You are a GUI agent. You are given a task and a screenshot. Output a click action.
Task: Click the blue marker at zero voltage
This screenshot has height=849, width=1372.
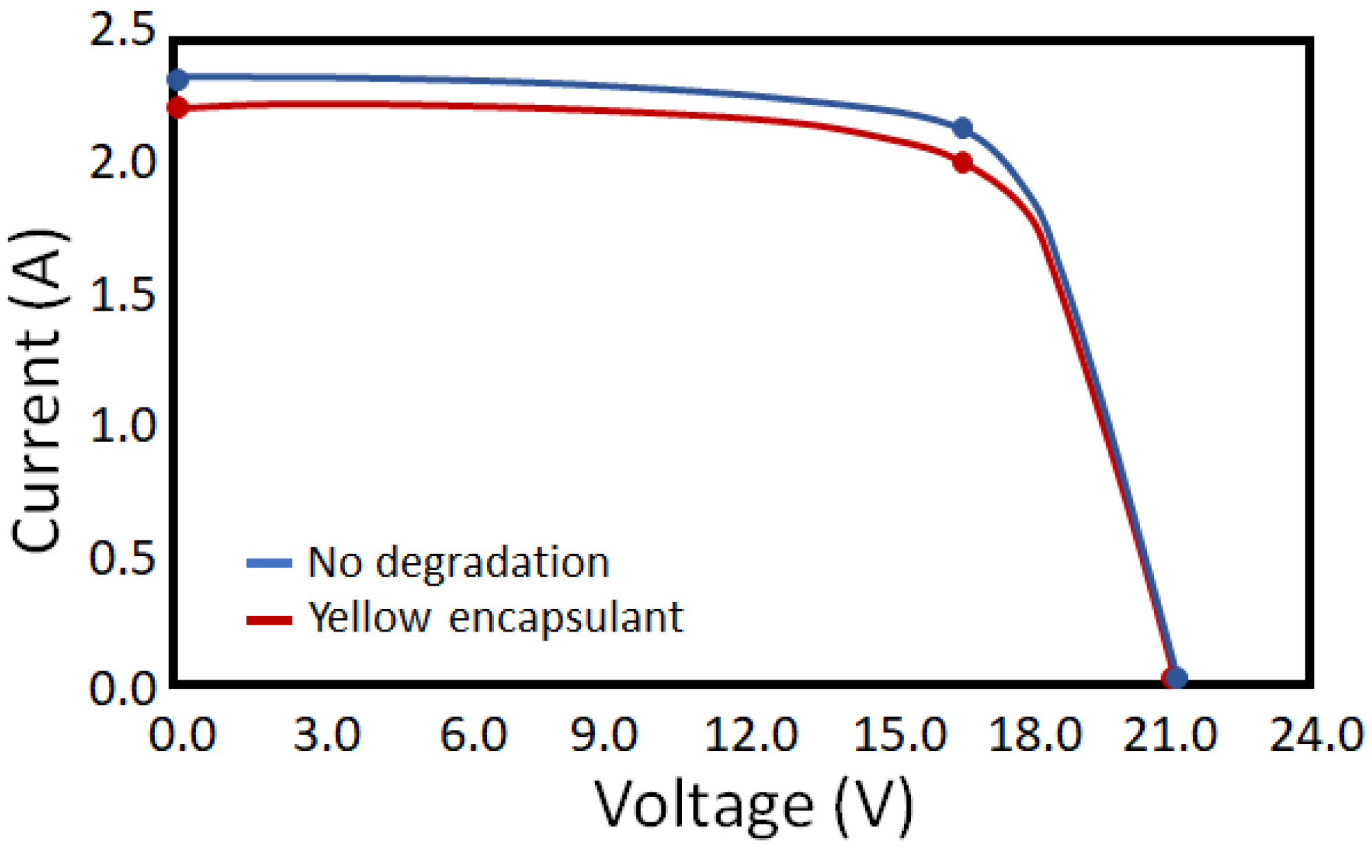point(178,80)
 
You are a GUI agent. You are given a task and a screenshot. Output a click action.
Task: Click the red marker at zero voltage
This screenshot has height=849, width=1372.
point(178,108)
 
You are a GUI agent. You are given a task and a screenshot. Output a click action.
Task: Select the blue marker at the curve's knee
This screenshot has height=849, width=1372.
point(963,128)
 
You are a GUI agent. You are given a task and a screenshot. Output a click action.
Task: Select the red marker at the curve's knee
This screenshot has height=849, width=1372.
point(963,163)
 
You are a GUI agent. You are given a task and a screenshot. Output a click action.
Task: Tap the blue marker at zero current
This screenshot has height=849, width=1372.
point(1176,678)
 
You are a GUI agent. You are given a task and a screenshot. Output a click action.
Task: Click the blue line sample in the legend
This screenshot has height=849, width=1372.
point(269,563)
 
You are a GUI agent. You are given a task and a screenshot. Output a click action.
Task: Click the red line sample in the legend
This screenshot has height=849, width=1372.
point(269,620)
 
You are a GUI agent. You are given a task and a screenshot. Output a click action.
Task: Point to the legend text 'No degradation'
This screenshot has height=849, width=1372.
point(458,562)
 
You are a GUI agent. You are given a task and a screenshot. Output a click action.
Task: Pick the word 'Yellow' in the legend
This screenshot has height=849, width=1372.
point(369,617)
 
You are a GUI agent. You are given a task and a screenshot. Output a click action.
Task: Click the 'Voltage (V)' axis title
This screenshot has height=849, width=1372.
point(753,806)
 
